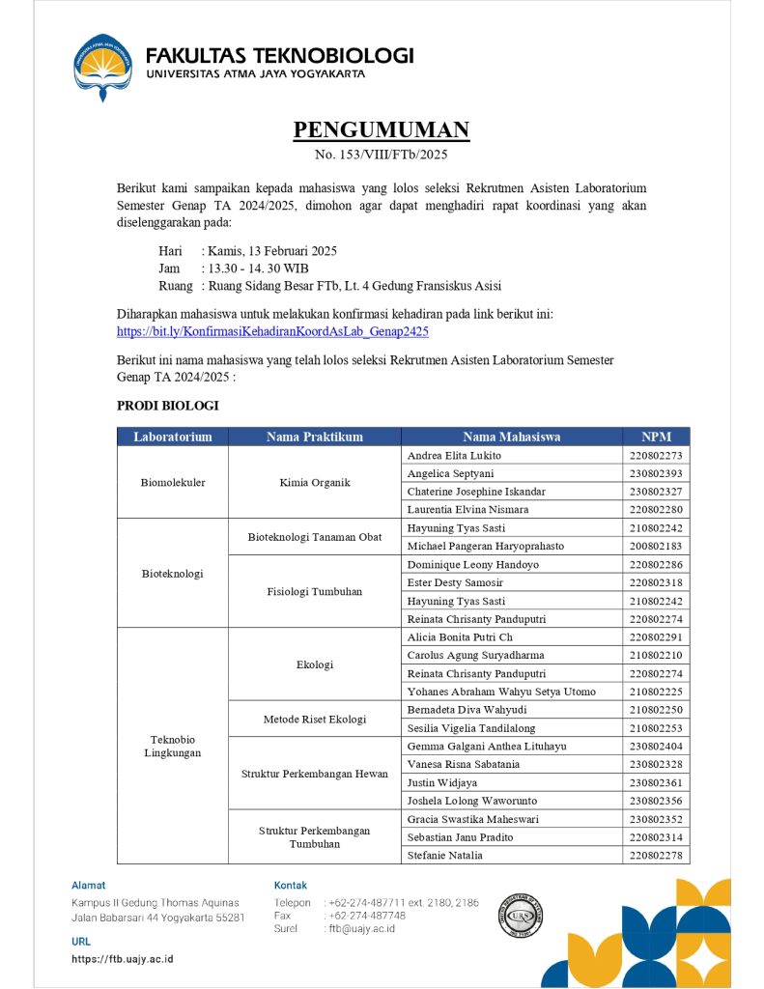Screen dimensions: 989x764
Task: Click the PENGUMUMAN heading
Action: click(382, 130)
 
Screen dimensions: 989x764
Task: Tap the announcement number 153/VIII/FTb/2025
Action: click(382, 155)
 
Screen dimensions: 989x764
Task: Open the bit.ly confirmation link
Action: click(272, 331)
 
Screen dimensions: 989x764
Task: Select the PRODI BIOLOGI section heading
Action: click(168, 406)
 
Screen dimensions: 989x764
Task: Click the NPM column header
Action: click(656, 437)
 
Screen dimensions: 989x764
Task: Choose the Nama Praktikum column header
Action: click(315, 437)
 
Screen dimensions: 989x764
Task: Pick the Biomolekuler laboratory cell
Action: click(173, 482)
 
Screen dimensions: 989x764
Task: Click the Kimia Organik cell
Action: click(315, 482)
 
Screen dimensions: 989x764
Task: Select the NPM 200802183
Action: click(656, 546)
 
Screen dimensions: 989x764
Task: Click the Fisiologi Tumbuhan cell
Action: click(315, 591)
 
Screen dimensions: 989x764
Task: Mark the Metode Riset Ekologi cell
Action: click(315, 719)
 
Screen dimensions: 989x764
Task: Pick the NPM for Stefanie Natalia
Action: click(656, 855)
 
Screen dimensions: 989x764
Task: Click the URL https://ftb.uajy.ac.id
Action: click(123, 959)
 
